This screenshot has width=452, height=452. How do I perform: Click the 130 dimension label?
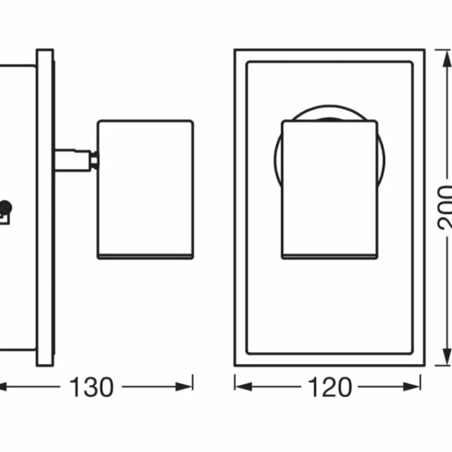pyautogui.click(x=92, y=387)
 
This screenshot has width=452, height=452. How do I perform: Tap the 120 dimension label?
pyautogui.click(x=329, y=387)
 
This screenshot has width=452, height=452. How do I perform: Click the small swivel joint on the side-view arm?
pyautogui.click(x=94, y=160)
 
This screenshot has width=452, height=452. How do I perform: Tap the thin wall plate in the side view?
pyautogui.click(x=45, y=206)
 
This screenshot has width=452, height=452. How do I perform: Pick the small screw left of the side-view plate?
pyautogui.click(x=6, y=207)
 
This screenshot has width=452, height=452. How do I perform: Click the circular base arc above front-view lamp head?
pyautogui.click(x=329, y=109)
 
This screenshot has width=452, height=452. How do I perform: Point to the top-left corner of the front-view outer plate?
pyautogui.click(x=236, y=50)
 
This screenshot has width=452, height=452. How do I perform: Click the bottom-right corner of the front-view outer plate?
pyautogui.click(x=424, y=366)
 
